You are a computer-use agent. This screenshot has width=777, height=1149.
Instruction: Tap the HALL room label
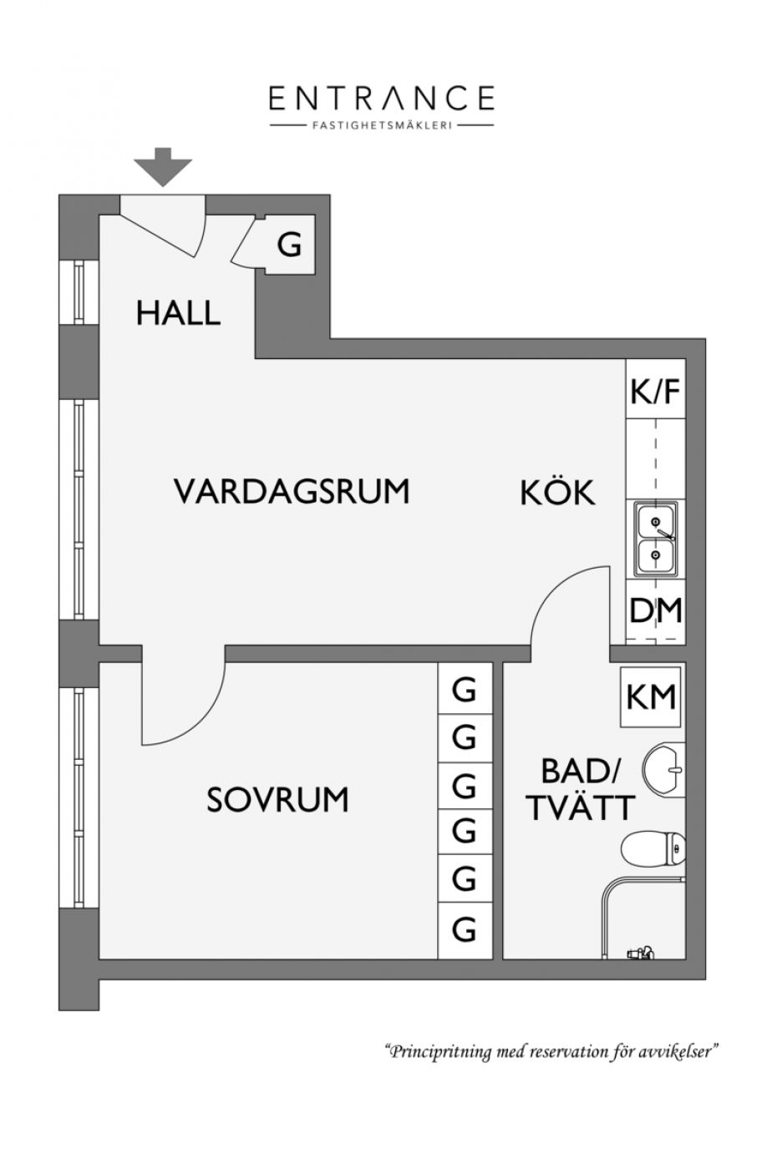(178, 313)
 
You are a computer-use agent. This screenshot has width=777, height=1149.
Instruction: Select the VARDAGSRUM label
(292, 491)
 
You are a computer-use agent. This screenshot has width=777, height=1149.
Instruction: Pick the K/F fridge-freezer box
(655, 388)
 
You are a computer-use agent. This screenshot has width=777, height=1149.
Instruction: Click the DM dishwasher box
(655, 611)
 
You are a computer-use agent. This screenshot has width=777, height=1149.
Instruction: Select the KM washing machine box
(651, 696)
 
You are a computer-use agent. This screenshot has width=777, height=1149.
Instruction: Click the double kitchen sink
(656, 539)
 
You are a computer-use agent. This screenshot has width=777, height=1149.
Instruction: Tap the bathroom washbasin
(664, 769)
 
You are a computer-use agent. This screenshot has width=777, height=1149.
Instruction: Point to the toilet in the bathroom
(653, 849)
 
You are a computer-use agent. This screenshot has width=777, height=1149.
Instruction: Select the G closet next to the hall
(289, 245)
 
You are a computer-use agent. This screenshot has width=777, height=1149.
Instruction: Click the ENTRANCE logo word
(381, 99)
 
